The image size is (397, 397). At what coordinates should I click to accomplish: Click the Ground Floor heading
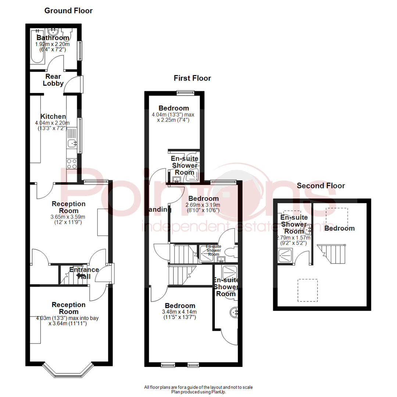(68, 11)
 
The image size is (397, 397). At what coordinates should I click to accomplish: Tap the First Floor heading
(192, 78)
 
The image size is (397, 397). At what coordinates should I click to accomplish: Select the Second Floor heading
(321, 186)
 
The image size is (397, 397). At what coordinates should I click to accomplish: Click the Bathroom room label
(53, 38)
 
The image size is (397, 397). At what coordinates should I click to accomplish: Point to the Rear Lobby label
(53, 80)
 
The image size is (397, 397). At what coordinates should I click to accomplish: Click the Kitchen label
(53, 116)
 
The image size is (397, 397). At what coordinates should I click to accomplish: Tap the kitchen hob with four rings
(72, 163)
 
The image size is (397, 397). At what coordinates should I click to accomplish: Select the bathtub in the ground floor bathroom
(36, 47)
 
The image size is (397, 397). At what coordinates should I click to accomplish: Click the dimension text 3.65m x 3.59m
(68, 217)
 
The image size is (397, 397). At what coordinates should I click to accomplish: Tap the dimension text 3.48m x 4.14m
(179, 312)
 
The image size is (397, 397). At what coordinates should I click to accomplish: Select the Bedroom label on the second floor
(339, 228)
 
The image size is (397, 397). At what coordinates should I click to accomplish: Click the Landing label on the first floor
(161, 210)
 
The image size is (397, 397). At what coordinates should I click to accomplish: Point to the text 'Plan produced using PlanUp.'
(198, 392)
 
